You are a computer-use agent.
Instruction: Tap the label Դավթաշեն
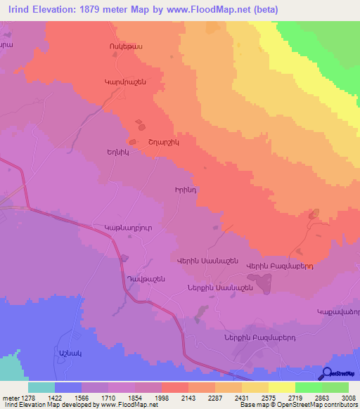(x=146, y=279)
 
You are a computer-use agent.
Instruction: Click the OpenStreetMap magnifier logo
(x=326, y=373)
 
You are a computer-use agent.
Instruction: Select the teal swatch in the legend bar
(x=41, y=387)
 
